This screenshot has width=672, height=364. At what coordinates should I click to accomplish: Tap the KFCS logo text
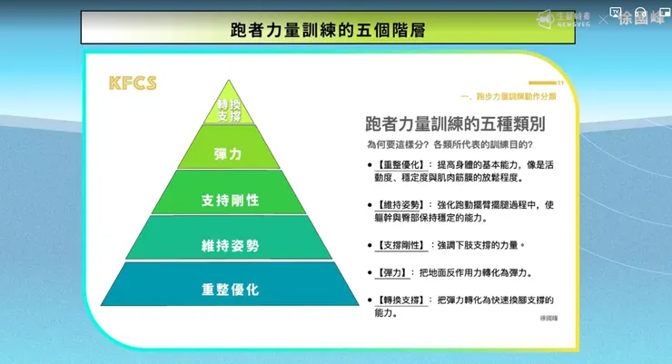click(133, 84)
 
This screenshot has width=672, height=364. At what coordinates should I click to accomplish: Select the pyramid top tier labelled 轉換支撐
click(230, 111)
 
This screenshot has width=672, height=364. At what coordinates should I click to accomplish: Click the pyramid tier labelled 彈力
click(229, 154)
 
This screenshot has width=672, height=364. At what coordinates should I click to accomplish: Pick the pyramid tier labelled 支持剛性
click(230, 199)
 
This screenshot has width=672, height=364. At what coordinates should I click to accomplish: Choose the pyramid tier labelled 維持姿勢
click(230, 244)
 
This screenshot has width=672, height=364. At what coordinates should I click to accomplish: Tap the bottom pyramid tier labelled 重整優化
click(230, 290)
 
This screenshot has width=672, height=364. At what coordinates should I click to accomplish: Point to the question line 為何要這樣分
click(450, 144)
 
